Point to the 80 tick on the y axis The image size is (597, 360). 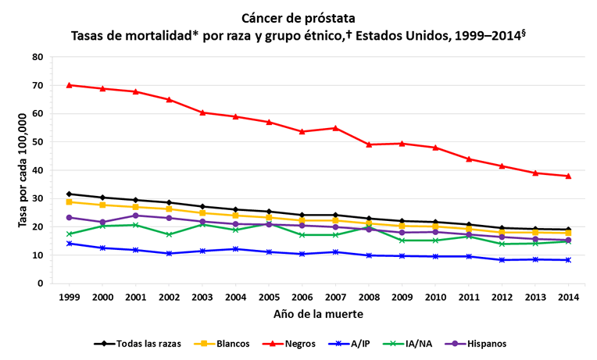click(37, 57)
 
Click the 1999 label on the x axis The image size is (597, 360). click(70, 297)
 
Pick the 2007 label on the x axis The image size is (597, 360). click(335, 297)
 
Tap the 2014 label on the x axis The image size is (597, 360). click(568, 297)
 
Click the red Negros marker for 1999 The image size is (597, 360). click(70, 85)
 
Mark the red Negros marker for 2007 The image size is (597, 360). click(335, 128)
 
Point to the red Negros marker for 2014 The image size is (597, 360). click(568, 176)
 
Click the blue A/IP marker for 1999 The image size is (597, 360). click(70, 244)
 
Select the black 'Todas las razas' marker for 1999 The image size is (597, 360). click(70, 194)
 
